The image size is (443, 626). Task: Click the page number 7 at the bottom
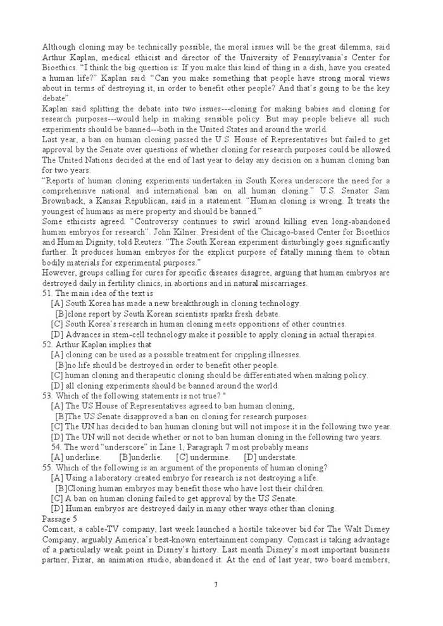pos(216,584)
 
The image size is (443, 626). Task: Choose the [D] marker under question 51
pos(57,334)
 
